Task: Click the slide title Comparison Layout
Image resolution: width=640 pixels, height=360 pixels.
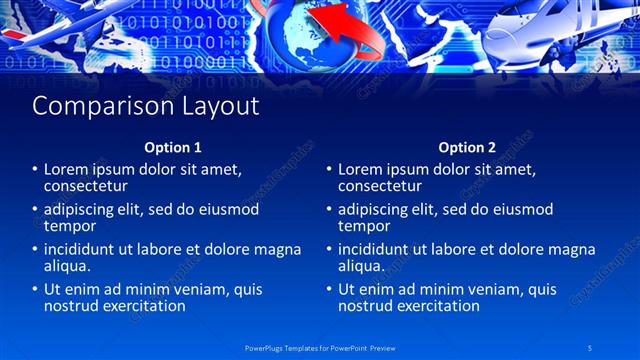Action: pyautogui.click(x=146, y=106)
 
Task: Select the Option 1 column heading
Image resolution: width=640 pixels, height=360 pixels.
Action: pyautogui.click(x=172, y=147)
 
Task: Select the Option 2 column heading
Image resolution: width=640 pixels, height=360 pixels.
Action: pyautogui.click(x=466, y=147)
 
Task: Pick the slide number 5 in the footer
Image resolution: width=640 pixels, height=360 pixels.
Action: pyautogui.click(x=590, y=347)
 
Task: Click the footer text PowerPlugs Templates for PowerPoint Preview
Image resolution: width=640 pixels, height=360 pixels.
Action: pyautogui.click(x=319, y=347)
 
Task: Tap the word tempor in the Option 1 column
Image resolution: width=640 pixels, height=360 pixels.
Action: pyautogui.click(x=66, y=226)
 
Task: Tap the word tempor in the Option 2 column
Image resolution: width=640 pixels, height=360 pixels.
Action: pyautogui.click(x=360, y=226)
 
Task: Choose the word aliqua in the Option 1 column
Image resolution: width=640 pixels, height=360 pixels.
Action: pyautogui.click(x=67, y=266)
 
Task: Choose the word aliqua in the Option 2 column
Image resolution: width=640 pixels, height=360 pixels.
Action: pyautogui.click(x=361, y=266)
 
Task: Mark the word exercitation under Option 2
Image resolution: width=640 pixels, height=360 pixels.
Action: pyautogui.click(x=433, y=306)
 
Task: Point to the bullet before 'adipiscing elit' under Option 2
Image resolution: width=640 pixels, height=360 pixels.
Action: pyautogui.click(x=330, y=210)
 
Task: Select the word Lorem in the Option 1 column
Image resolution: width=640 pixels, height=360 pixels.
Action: pyautogui.click(x=66, y=169)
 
